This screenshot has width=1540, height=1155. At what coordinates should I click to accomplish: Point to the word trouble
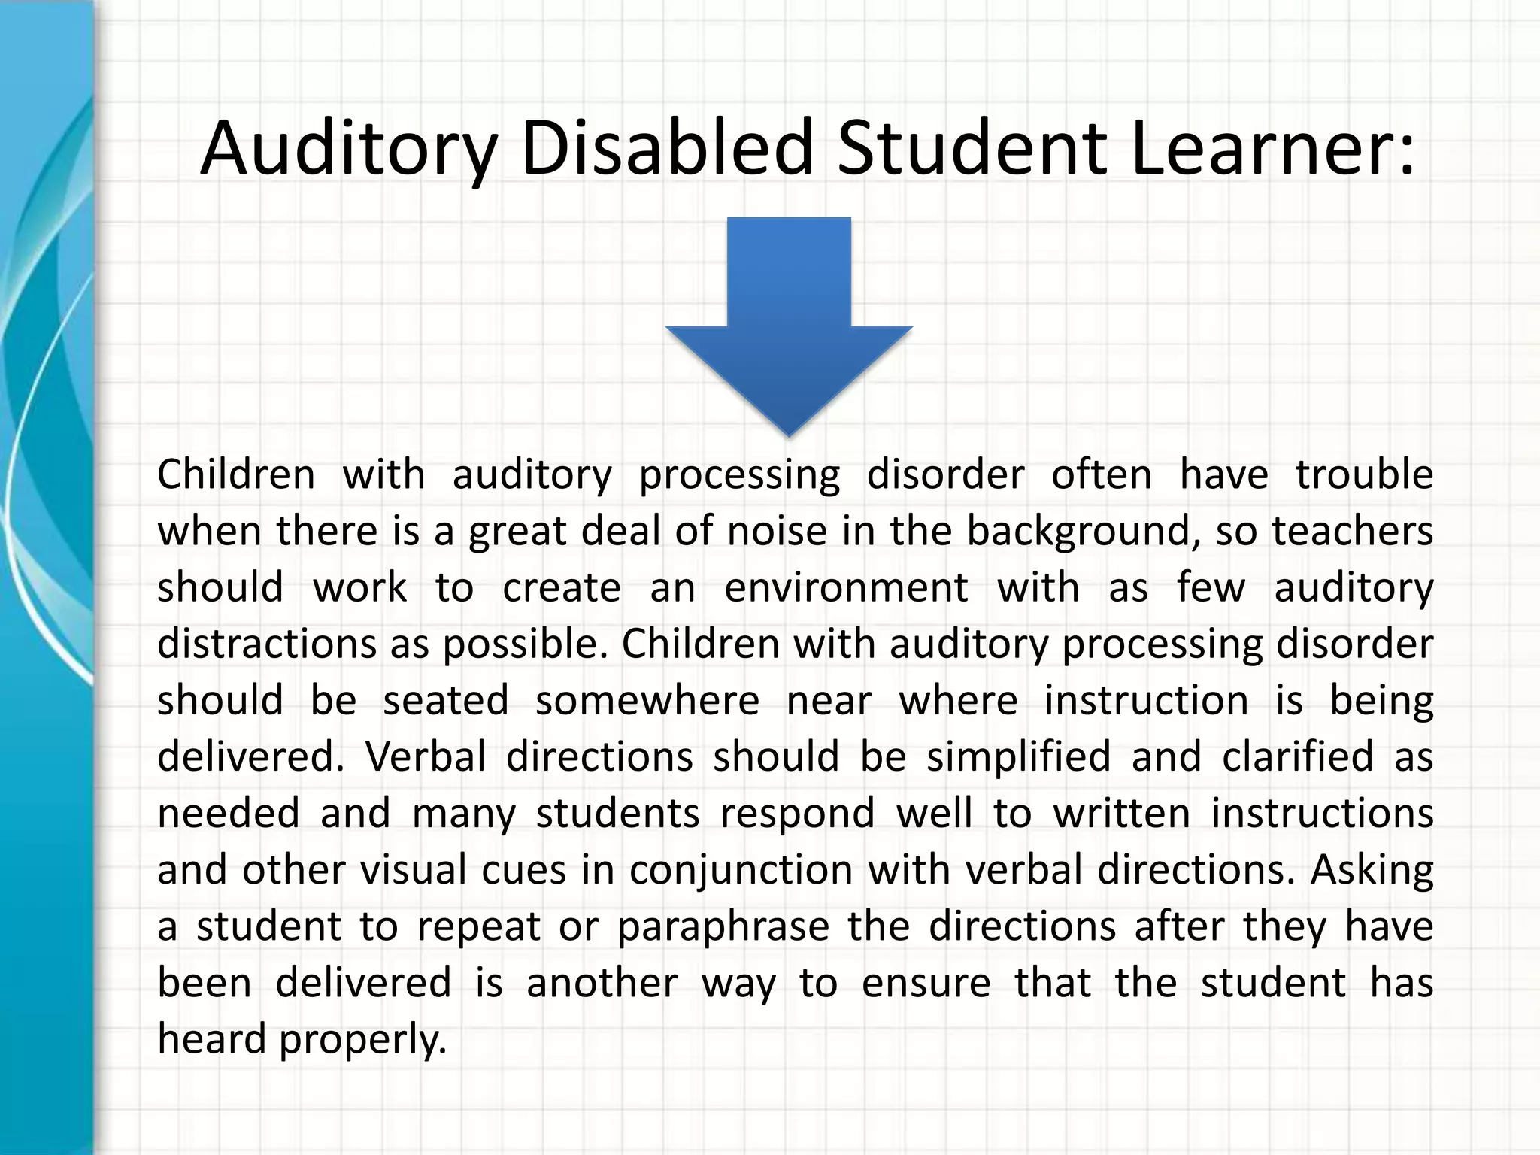[1364, 474]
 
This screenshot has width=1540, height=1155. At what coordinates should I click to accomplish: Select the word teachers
[1352, 531]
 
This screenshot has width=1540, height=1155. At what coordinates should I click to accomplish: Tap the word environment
[846, 587]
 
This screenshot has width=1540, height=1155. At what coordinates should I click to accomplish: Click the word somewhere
[647, 700]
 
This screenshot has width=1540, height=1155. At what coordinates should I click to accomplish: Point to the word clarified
[1298, 756]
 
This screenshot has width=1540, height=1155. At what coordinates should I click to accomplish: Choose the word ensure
[926, 983]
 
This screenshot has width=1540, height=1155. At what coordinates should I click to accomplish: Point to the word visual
[414, 869]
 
